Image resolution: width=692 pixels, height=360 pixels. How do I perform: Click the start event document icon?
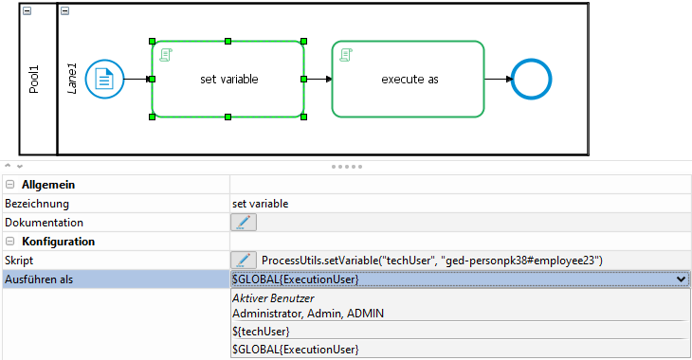coord(104,80)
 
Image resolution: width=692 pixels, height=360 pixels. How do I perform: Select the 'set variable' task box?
coord(228,79)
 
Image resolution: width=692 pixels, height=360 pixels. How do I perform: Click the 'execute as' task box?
coord(408,79)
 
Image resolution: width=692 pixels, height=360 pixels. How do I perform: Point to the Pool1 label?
coord(34,80)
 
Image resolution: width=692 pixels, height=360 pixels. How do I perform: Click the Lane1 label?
coord(71,79)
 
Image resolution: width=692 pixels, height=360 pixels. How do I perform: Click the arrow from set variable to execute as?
coord(319,79)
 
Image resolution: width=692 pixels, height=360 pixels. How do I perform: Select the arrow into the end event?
coord(499,79)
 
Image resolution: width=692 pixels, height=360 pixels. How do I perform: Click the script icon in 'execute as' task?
coord(346,55)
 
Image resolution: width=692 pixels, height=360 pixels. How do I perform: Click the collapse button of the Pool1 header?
coord(27,11)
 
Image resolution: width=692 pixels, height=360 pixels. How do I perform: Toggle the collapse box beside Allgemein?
coord(10,185)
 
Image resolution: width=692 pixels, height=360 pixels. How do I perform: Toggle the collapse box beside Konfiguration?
coord(10,242)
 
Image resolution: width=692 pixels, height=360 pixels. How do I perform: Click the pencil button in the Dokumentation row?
coord(244,223)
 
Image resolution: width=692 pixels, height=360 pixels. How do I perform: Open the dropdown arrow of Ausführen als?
coord(681,279)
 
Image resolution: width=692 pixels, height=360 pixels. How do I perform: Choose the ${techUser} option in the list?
coord(261,332)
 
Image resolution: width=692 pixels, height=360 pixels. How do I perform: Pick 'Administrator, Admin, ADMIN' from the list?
coord(308,314)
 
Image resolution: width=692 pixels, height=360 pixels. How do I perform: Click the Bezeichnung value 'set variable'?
coord(261,204)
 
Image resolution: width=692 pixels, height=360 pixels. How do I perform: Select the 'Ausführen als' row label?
coord(39,279)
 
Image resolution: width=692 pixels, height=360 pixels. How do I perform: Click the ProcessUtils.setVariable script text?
coord(432,261)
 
